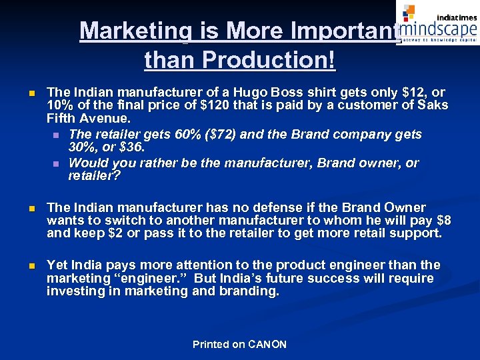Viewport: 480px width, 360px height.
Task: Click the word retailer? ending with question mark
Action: pos(93,176)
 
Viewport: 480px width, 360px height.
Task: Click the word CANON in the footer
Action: pos(267,345)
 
